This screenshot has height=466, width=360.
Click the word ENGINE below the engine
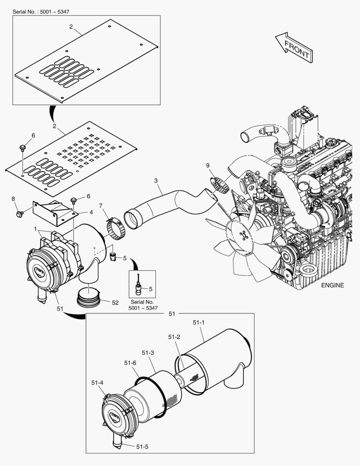(332, 285)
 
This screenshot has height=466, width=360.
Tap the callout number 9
(207, 165)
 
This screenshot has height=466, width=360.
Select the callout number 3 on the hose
(156, 182)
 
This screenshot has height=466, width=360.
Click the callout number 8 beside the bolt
(13, 199)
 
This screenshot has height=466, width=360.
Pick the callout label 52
(115, 302)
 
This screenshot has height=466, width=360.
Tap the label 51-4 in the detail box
(97, 382)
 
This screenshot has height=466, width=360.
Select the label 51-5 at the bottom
(142, 447)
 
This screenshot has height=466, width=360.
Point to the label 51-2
(174, 337)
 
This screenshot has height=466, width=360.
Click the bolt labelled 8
(19, 214)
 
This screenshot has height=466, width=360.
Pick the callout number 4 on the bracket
(91, 212)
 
